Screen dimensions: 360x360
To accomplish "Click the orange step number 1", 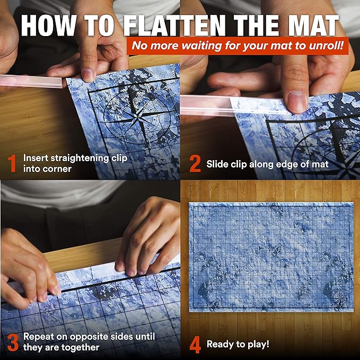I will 12,164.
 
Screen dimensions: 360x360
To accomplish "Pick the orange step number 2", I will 195,164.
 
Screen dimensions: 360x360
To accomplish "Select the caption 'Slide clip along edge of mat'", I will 267,164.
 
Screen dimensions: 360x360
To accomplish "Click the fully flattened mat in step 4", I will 270,257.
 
